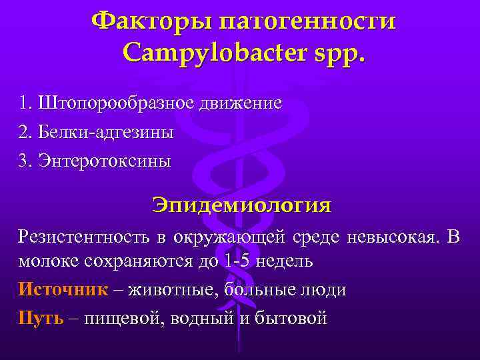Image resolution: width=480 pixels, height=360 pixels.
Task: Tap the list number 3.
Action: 25,161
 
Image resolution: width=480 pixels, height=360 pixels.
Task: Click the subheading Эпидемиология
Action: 241,204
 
